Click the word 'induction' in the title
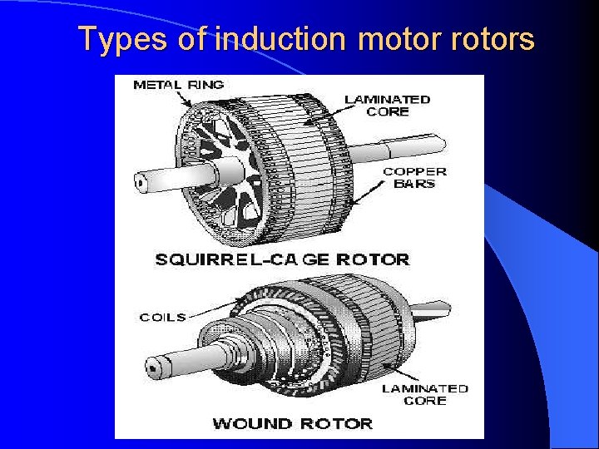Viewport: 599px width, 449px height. pos(280,39)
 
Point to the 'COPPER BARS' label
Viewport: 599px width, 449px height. pos(413,177)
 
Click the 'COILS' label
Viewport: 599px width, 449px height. pos(162,317)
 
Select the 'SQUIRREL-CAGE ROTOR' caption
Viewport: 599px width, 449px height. pos(282,259)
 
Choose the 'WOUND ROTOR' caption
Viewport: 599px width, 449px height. pos(292,423)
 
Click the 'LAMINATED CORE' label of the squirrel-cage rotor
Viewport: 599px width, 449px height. pos(388,105)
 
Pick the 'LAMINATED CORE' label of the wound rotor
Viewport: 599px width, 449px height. pos(424,394)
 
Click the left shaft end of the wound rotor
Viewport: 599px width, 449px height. pos(155,364)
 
